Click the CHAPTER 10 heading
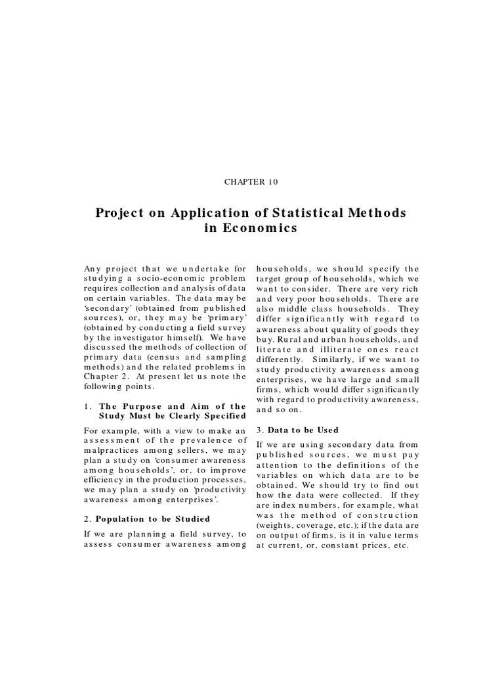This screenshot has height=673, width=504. click(x=251, y=181)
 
